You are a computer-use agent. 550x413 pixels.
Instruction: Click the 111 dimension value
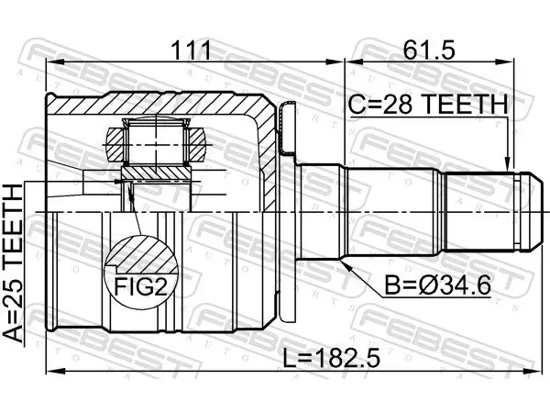(192, 50)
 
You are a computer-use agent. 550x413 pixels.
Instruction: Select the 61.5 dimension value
(429, 50)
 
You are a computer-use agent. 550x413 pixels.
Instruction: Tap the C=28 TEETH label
(428, 105)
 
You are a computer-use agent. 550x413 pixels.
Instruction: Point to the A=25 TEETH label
(13, 263)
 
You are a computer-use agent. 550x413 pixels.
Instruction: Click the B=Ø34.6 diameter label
(437, 285)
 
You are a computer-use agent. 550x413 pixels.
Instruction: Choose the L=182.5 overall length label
(332, 358)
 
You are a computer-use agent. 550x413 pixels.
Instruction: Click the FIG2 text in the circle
(140, 286)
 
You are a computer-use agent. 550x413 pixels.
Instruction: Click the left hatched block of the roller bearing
(115, 145)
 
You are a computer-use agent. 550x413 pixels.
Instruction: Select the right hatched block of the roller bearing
(196, 145)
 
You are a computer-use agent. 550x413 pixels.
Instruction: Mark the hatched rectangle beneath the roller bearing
(156, 173)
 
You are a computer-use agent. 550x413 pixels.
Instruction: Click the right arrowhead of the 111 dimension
(334, 62)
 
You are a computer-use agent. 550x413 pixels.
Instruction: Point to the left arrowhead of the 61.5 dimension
(354, 62)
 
